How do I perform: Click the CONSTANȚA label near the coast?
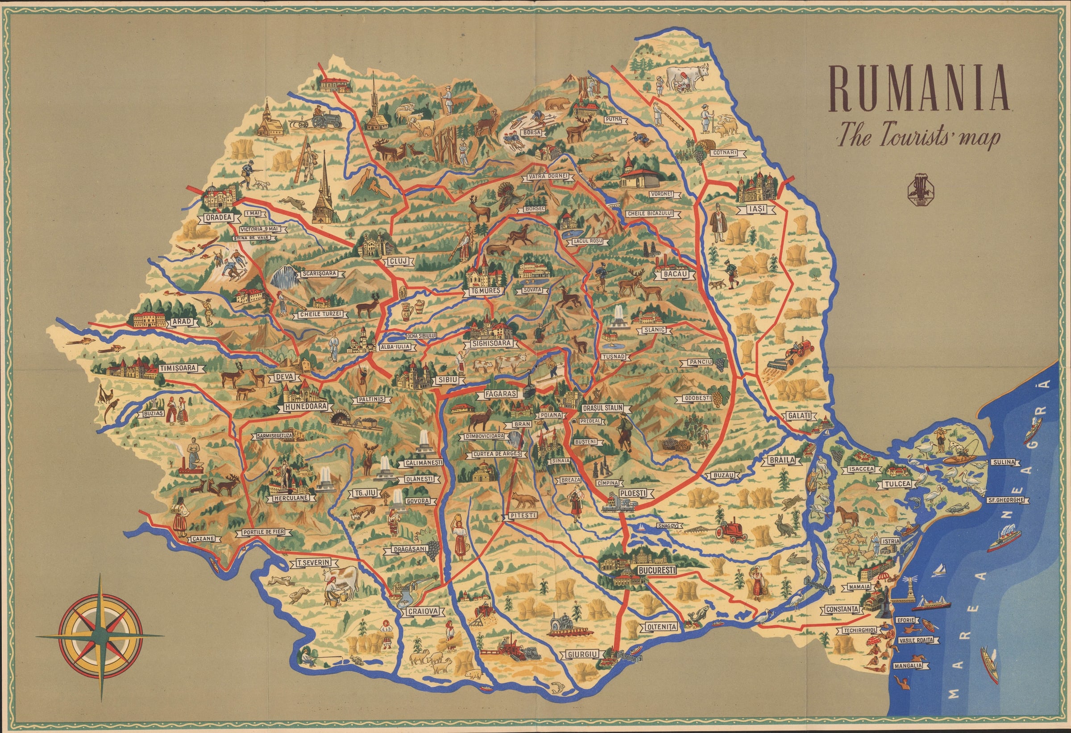point(842,609)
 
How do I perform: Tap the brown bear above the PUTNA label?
point(558,104)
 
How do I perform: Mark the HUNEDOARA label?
point(305,407)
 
